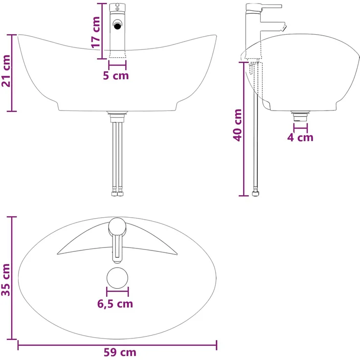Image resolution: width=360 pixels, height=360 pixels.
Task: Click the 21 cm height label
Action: pos(6,71)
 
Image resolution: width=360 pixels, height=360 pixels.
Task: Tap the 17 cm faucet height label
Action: pos(96,32)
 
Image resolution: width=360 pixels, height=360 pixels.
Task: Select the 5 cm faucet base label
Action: pos(116,75)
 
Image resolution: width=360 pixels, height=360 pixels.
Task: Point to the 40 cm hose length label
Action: pos(237,125)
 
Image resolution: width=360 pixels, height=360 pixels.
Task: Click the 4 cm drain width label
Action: pos(300,137)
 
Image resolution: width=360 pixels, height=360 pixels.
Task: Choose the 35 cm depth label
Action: pos(6,280)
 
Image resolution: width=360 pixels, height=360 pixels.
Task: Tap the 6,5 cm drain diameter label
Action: pos(115,304)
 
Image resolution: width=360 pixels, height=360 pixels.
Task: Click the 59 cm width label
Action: pos(120,352)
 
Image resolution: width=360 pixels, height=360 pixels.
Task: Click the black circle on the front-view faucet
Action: pos(117,25)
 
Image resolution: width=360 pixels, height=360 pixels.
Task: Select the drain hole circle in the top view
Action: pos(117,278)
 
